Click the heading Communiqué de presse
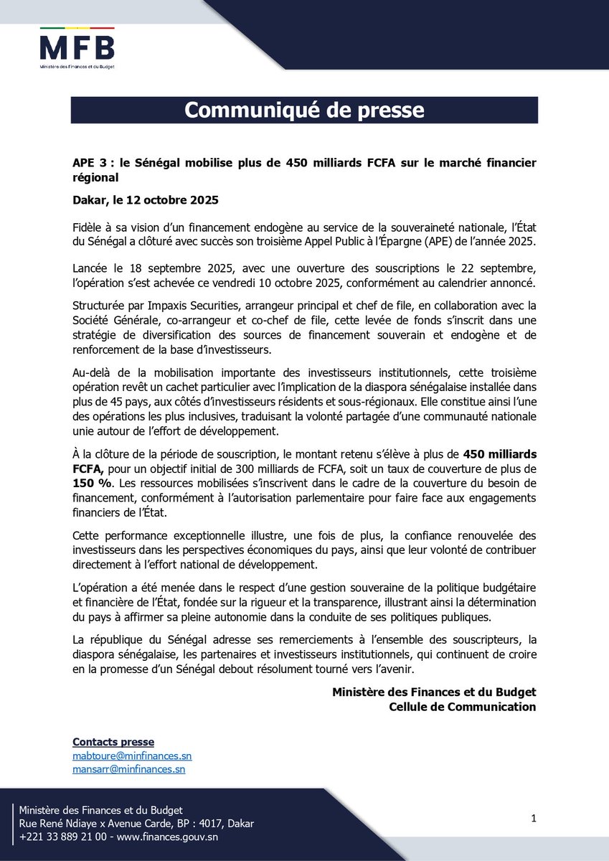click(304, 110)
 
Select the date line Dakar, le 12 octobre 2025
click(146, 199)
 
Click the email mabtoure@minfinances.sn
click(132, 756)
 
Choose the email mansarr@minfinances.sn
click(129, 769)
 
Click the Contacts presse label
click(113, 742)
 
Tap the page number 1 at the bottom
click(534, 819)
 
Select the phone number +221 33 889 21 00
click(63, 837)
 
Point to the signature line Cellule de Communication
click(462, 707)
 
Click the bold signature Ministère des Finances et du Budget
click(434, 692)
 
